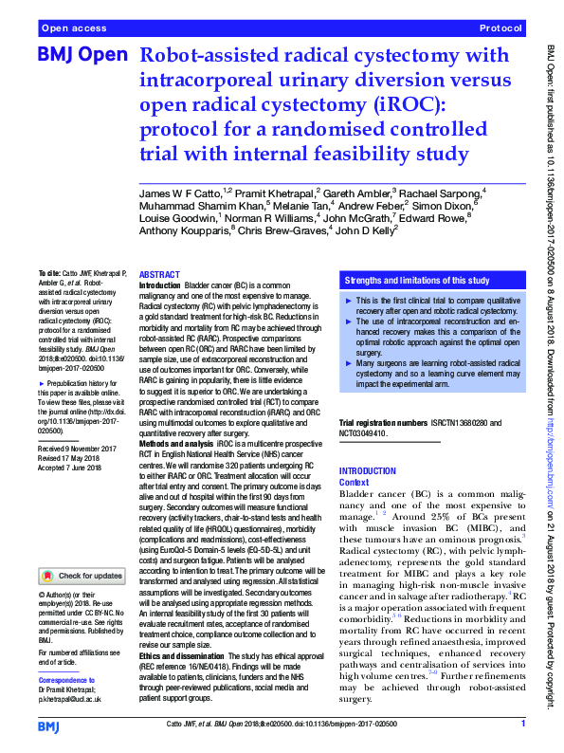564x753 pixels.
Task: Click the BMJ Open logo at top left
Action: (x=82, y=56)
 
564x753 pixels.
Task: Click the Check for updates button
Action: (x=81, y=575)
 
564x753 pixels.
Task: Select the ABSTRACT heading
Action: (x=158, y=273)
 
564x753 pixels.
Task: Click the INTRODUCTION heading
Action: (x=368, y=471)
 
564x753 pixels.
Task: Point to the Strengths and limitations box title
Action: (x=416, y=281)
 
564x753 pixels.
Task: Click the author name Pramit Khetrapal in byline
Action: (x=271, y=193)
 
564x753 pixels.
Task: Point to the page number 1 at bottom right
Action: (x=523, y=725)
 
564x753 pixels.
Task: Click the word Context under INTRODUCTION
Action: (x=355, y=482)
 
